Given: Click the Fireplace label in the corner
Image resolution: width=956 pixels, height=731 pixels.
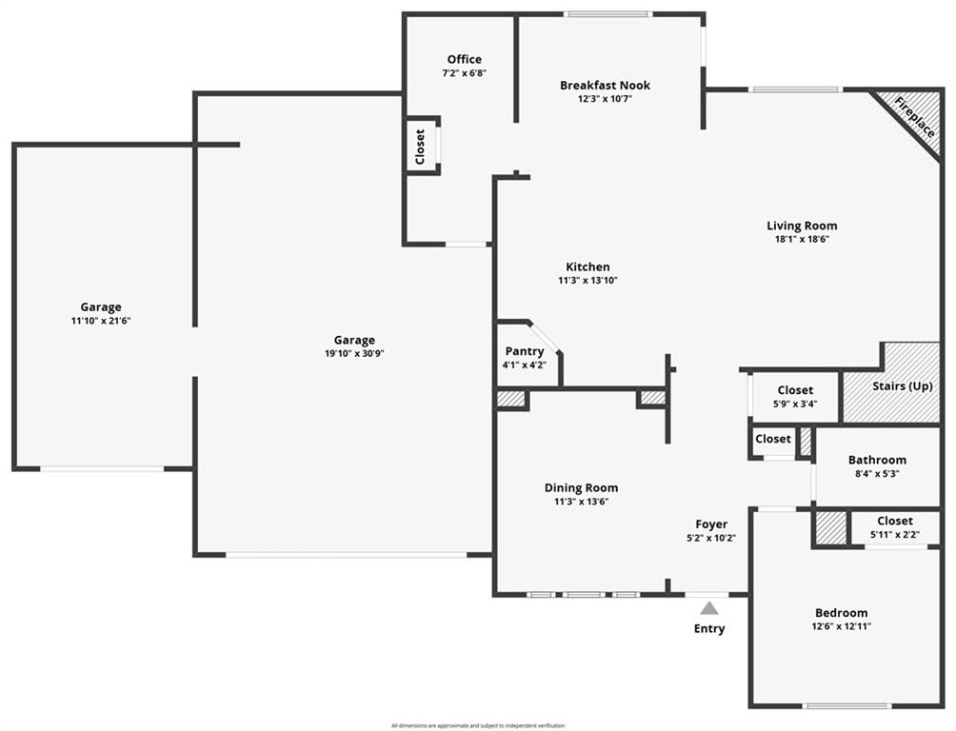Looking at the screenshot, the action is click(914, 117).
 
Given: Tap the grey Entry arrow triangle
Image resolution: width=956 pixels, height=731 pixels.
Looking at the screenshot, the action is click(708, 608).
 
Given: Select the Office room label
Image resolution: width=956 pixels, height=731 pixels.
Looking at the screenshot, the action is click(464, 59).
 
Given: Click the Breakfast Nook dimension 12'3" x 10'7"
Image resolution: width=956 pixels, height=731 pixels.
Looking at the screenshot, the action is click(605, 99).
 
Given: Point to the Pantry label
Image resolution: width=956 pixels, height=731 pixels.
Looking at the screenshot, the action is click(525, 351).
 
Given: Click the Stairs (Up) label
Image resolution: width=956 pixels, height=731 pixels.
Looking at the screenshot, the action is click(903, 385).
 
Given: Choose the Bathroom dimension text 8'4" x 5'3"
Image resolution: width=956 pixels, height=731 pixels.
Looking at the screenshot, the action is click(877, 473).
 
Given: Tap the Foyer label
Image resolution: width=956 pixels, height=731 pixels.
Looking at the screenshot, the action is click(711, 524).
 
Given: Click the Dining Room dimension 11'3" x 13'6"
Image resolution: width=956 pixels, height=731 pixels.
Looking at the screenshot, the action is click(581, 502).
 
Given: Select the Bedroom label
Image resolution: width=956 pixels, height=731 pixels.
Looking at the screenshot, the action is click(842, 613).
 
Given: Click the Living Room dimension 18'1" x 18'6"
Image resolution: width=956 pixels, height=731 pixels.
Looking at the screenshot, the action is click(802, 239).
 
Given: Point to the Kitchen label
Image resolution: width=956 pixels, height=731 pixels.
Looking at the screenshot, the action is click(588, 267).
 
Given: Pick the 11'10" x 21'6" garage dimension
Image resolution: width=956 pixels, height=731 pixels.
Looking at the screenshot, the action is click(101, 321).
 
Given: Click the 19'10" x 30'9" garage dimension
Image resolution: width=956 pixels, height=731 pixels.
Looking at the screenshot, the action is click(354, 354).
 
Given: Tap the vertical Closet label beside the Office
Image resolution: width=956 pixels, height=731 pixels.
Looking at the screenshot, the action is click(420, 147).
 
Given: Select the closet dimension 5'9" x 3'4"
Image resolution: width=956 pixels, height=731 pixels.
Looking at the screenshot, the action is click(795, 404).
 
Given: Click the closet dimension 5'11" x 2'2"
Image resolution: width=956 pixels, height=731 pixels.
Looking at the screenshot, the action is click(895, 535).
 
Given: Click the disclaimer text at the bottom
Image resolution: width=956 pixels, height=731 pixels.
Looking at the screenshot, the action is click(478, 725).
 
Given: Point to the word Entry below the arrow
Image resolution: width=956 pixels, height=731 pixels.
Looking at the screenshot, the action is click(709, 628).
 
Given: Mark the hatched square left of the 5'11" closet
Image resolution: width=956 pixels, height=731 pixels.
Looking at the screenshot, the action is click(831, 527).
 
